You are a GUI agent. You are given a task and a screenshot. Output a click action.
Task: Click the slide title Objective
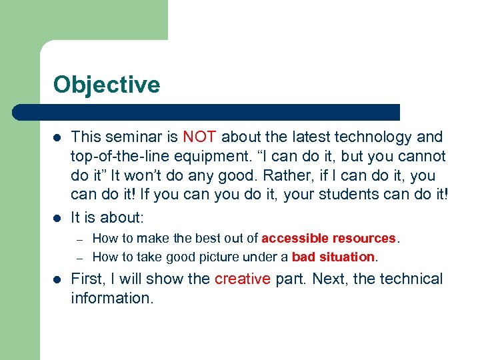(107, 85)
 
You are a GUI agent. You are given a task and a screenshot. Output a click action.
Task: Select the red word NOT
(199, 137)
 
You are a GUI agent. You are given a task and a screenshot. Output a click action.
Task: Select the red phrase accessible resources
(329, 238)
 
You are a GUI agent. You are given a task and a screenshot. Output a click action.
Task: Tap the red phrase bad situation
(333, 257)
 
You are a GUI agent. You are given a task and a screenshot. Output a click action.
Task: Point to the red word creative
(242, 279)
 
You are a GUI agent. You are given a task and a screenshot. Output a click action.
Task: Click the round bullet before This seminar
(57, 138)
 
